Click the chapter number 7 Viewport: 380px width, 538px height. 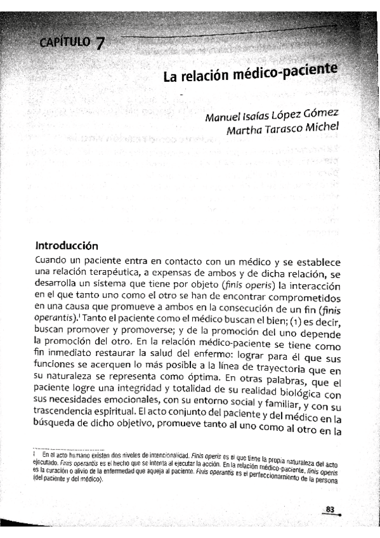tap(100, 44)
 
